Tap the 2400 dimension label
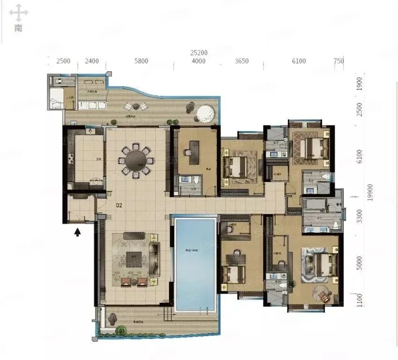click(x=91, y=61)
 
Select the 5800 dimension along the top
click(x=140, y=61)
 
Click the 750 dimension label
click(x=339, y=61)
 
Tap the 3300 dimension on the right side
click(x=359, y=217)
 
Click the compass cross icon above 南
click(x=18, y=13)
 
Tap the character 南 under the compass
click(x=18, y=28)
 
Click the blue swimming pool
click(x=194, y=264)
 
